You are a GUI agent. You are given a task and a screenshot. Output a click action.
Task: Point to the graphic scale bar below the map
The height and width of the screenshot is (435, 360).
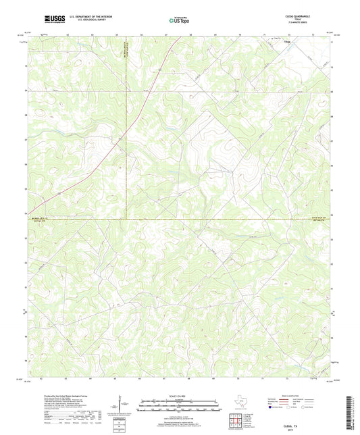click(179, 407)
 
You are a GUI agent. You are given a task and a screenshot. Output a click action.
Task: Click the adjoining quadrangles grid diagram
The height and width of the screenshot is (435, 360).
click(236, 422)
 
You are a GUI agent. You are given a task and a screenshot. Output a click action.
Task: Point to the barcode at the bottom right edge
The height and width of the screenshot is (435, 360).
click(353, 413)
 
